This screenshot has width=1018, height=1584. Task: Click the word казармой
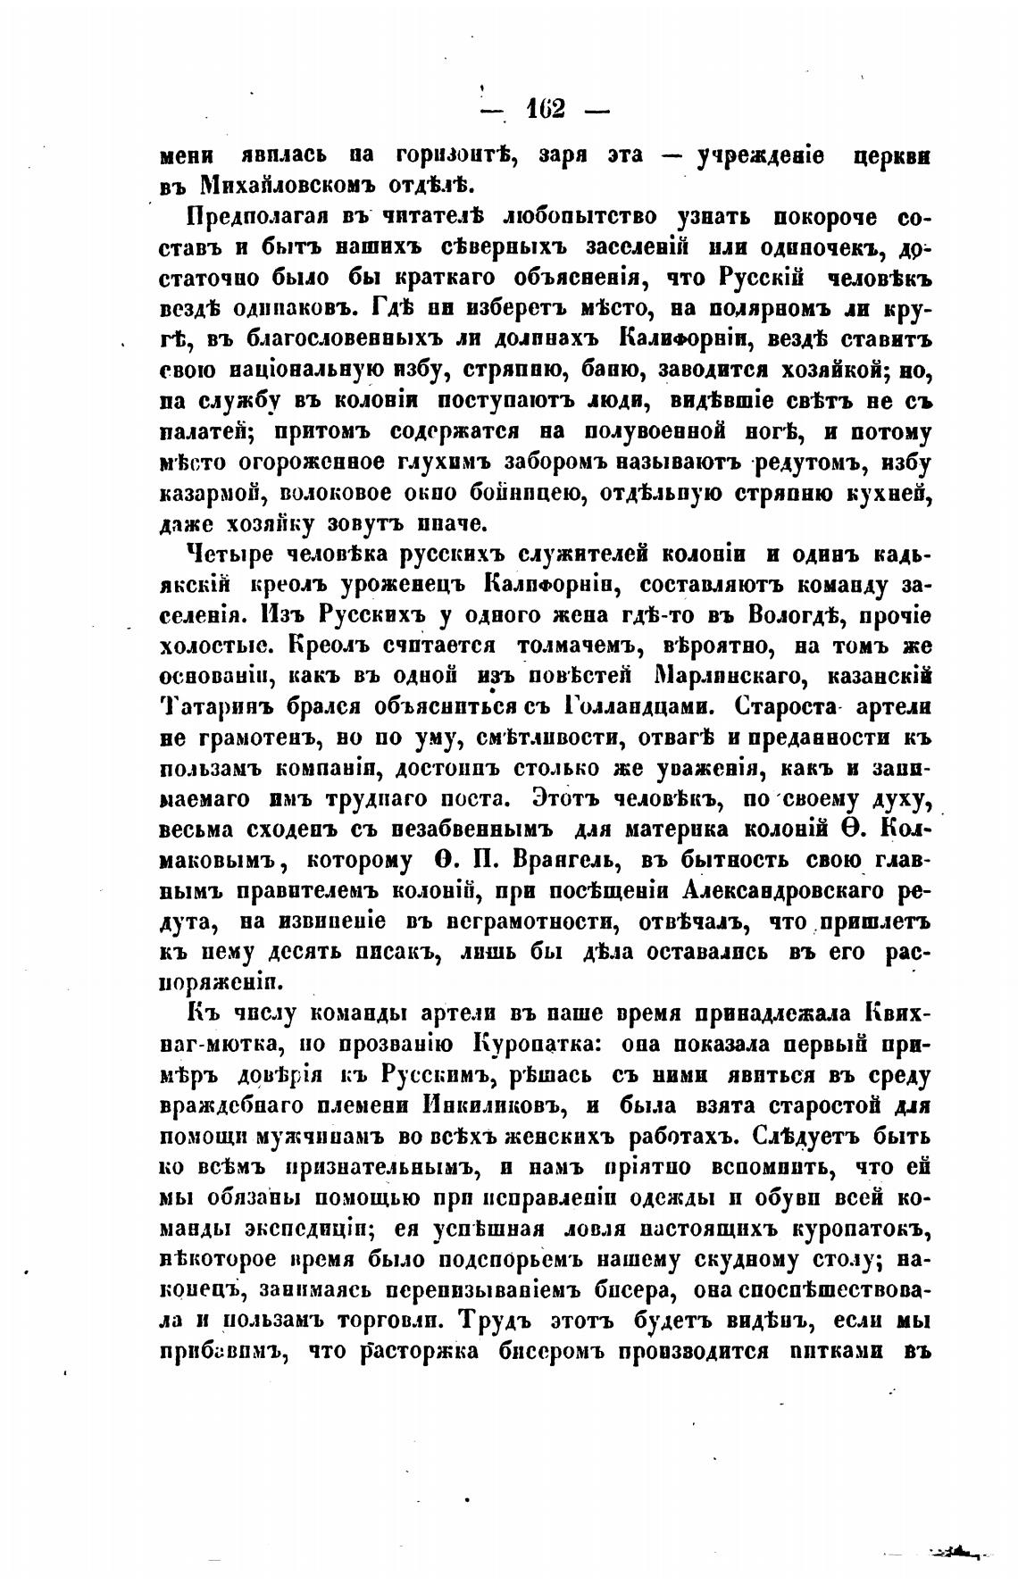point(213,494)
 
